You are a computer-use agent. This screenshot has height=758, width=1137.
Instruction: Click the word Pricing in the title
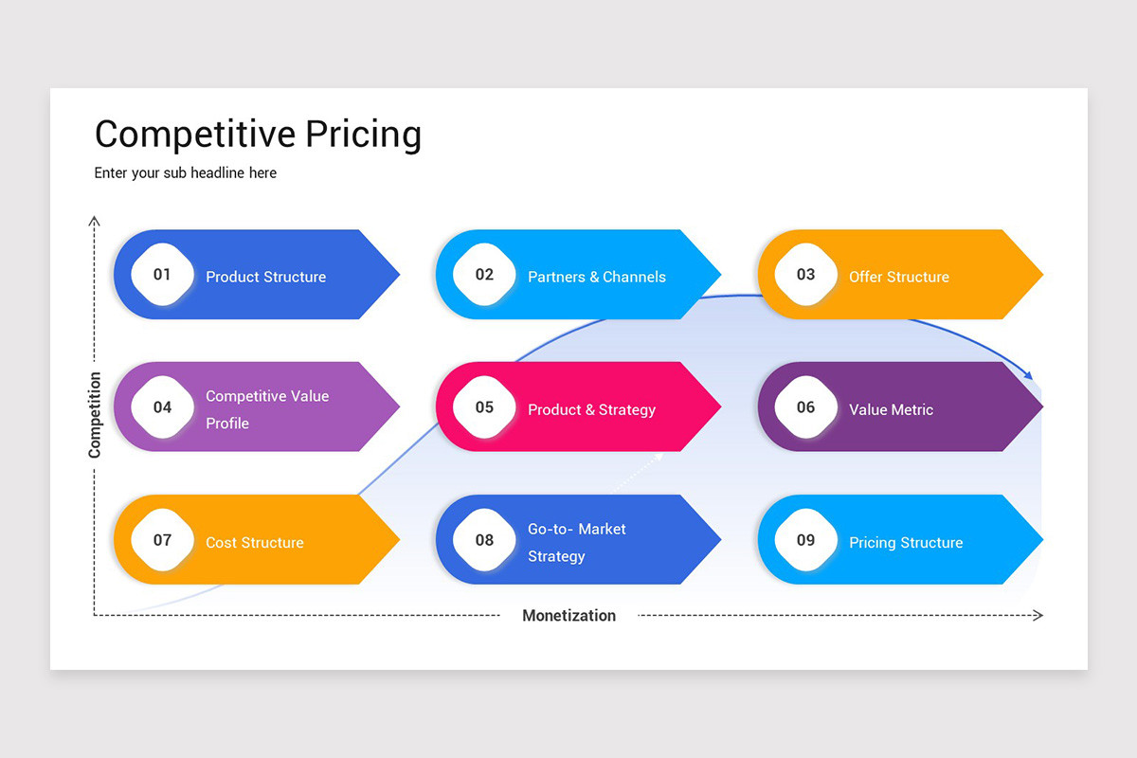pos(363,135)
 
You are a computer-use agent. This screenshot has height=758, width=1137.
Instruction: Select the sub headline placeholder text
pos(186,172)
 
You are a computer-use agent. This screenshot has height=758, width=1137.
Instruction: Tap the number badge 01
pos(163,275)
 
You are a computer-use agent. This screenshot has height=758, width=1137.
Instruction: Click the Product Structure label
pos(265,277)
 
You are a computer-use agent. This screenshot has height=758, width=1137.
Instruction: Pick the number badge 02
pos(484,275)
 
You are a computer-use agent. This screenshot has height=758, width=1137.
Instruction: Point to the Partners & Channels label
pos(597,277)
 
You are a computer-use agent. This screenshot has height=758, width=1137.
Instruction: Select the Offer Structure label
pos(899,277)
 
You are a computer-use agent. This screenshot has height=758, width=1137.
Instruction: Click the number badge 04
pos(163,407)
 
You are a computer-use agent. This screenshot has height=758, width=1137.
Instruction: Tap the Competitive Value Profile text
pos(266,409)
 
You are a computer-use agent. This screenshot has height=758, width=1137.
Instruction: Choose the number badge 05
pos(484,407)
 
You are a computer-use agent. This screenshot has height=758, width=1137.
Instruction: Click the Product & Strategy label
pos(591,409)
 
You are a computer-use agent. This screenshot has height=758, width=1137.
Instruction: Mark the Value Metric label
pos(891,409)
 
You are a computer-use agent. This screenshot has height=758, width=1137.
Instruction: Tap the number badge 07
pos(163,540)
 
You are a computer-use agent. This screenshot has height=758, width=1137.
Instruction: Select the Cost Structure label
pos(255,542)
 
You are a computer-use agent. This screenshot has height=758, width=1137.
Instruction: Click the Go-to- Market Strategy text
pos(576,542)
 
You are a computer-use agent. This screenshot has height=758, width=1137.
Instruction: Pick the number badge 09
pos(805,540)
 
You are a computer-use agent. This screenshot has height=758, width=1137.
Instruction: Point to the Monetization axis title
pos(568,615)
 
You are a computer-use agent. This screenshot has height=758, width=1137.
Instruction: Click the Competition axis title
pos(95,415)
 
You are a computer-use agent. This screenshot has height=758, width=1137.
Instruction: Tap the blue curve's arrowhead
pos(1028,375)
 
